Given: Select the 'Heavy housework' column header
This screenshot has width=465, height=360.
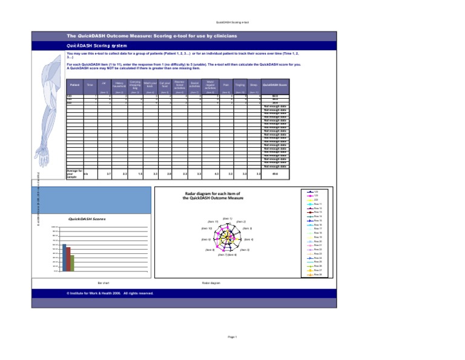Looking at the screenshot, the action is click(120, 85).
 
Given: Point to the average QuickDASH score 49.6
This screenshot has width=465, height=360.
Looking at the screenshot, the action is click(275, 174).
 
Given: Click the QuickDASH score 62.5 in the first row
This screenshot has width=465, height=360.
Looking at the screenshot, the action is click(275, 96).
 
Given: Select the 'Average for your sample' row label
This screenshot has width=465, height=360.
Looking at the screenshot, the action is click(73, 173).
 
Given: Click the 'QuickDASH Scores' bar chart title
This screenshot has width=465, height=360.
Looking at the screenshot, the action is click(84, 219).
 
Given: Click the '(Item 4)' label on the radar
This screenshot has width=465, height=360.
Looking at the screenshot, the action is click(248, 240).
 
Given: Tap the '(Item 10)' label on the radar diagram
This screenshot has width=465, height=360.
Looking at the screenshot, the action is click(206, 228).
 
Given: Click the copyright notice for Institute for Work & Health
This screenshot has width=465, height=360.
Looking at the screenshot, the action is click(110, 293).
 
